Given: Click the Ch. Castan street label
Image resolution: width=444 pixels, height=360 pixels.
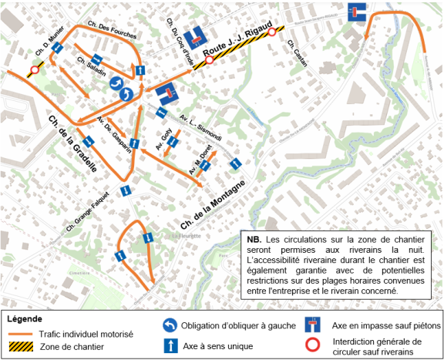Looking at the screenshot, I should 296,54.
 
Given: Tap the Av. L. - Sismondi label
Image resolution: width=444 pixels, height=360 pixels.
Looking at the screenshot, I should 202,123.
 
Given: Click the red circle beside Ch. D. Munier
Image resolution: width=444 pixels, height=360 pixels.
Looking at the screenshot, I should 33,71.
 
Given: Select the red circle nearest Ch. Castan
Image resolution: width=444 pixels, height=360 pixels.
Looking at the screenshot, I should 271,33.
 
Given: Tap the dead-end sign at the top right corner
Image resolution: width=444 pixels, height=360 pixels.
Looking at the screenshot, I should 356,12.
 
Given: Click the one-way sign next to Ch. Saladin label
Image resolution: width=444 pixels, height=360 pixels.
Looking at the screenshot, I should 96,60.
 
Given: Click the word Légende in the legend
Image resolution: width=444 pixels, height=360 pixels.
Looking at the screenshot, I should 25,318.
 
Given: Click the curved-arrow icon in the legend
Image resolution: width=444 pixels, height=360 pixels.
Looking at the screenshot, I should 170,325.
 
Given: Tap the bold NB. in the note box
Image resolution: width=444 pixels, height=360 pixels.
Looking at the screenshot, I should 254,240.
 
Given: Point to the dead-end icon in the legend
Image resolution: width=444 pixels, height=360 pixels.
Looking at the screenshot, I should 315,325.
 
